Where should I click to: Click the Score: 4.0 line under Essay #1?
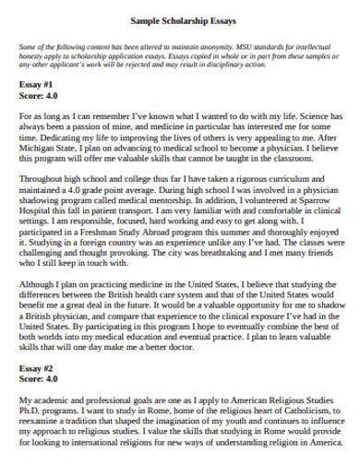pyautogui.click(x=40, y=93)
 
